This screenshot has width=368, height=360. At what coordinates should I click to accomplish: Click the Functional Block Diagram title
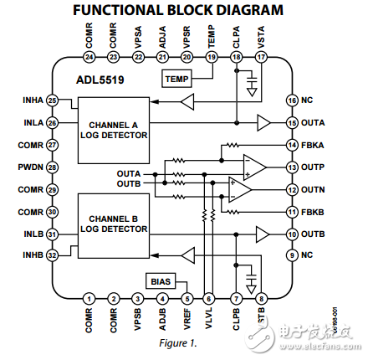177,11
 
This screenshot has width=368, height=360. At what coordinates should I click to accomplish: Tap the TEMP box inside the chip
176,80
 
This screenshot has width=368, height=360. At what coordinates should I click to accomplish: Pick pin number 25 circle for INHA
53,100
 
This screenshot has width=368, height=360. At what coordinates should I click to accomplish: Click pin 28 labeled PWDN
53,167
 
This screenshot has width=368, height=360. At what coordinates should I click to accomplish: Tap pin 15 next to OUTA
292,123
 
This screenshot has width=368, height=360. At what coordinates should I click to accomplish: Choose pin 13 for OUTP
292,167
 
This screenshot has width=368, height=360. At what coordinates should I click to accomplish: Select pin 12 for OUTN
292,190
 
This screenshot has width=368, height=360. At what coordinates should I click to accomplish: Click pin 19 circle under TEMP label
211,57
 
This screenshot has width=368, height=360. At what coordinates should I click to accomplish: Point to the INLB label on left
33,234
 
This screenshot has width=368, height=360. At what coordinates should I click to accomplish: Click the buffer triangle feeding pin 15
263,123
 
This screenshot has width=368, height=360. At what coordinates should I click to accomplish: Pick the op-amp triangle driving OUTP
252,166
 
